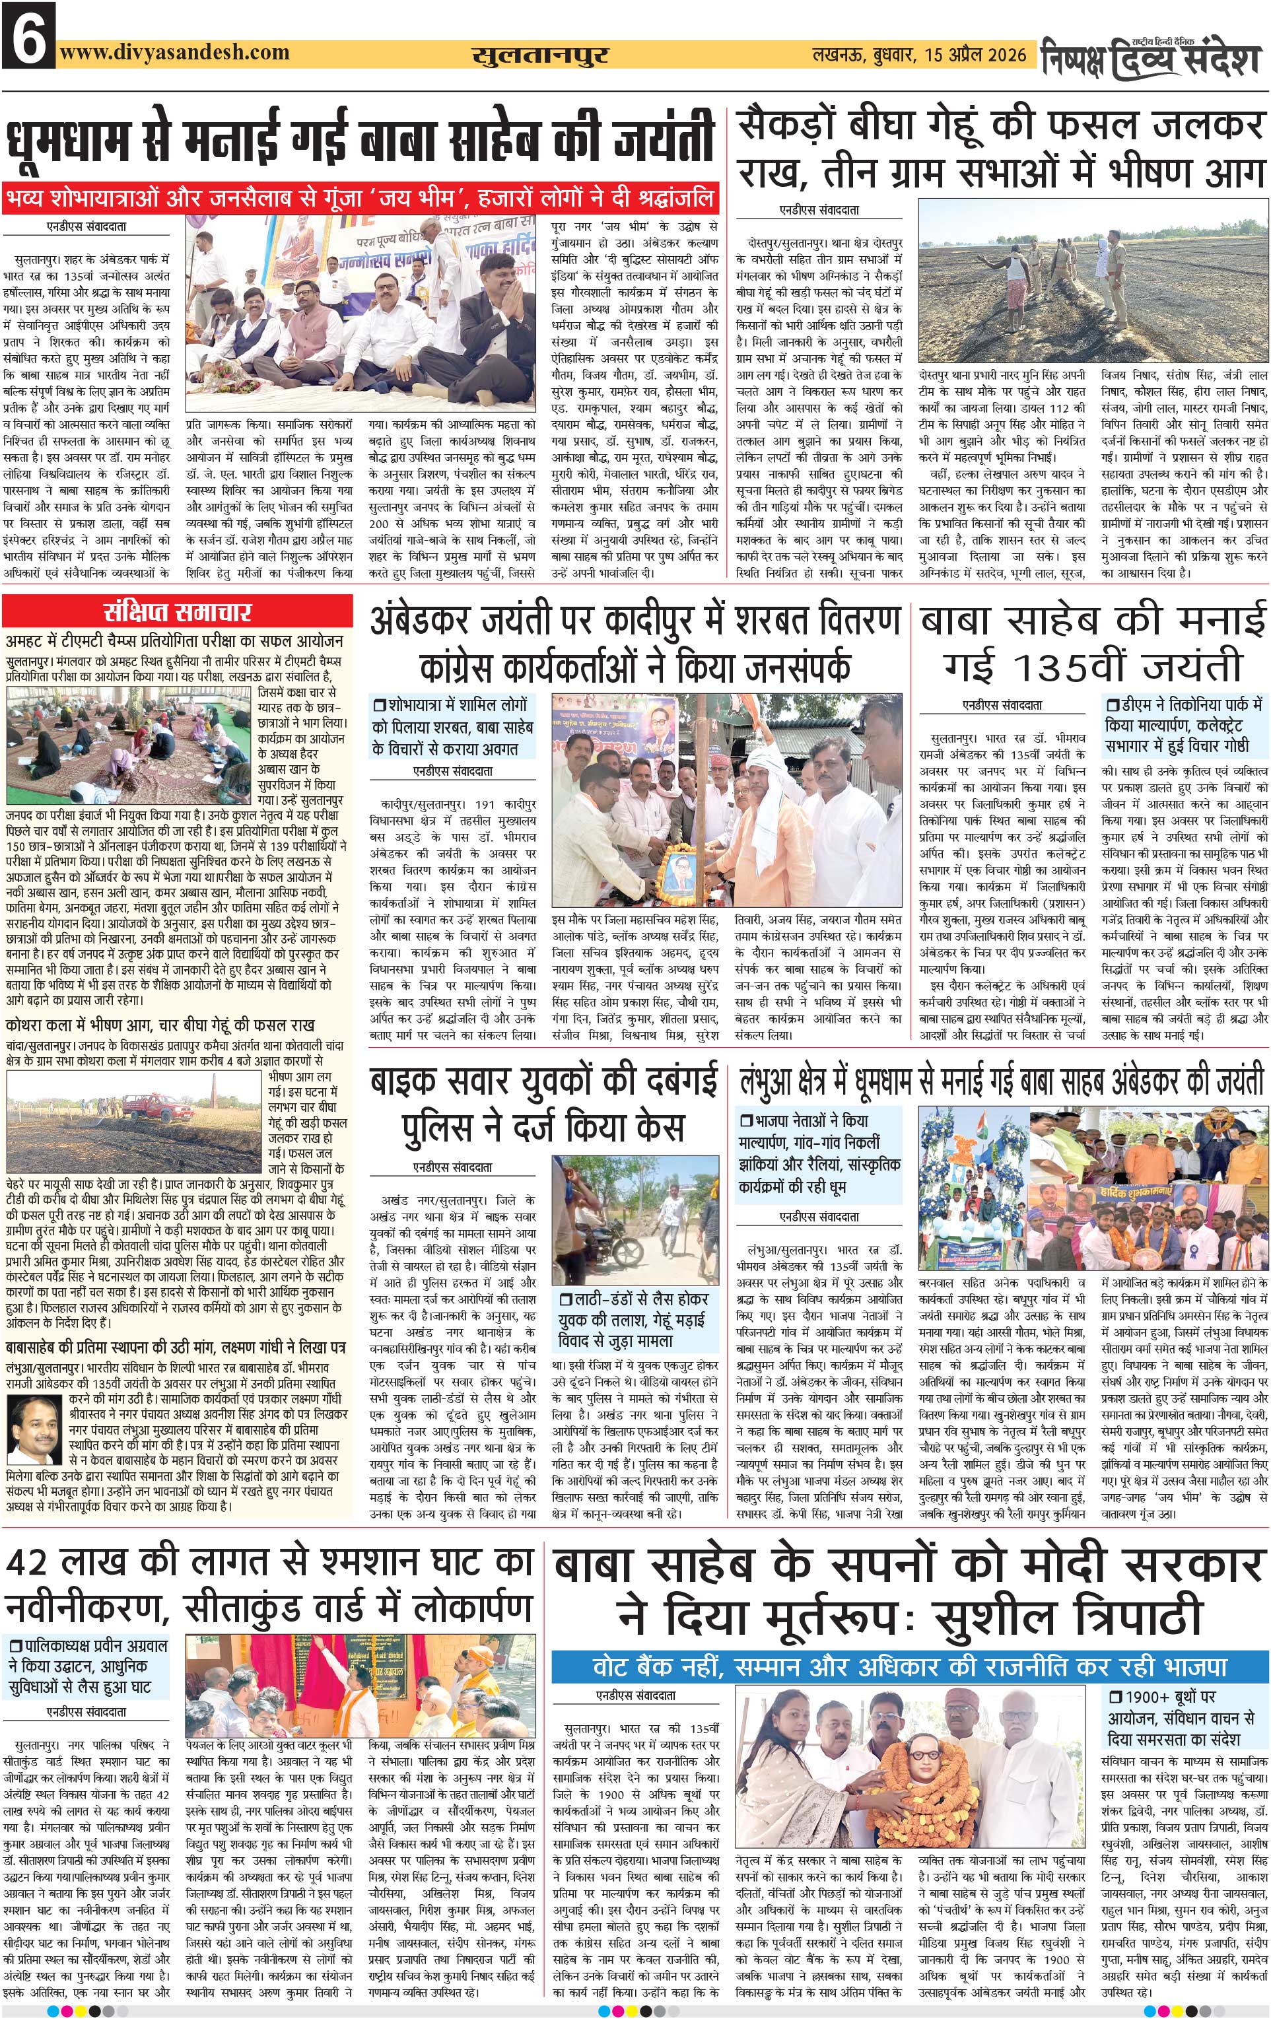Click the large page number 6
point(28,35)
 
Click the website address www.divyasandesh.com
point(174,53)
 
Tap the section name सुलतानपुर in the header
point(540,55)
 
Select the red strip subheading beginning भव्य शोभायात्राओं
point(361,198)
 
